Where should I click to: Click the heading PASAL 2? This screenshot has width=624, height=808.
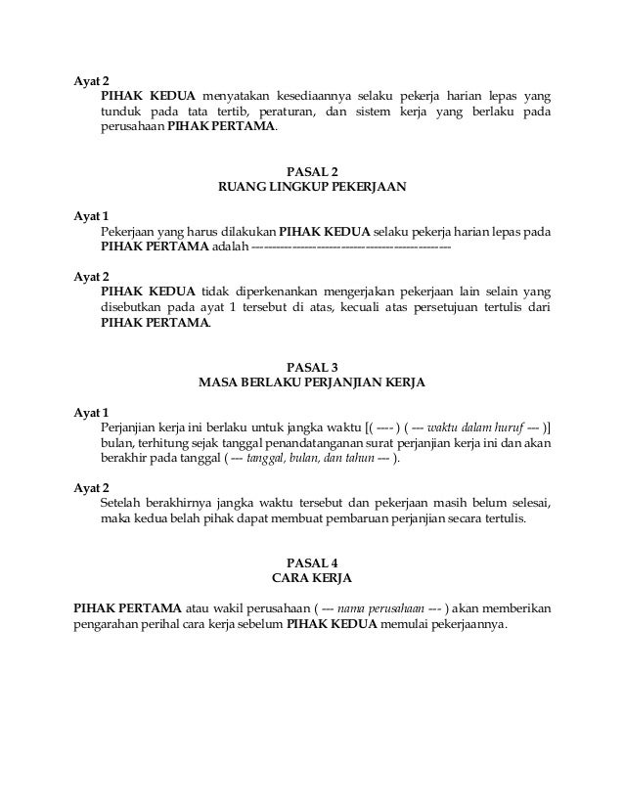pos(312,170)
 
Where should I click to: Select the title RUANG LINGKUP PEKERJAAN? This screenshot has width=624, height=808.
pos(312,186)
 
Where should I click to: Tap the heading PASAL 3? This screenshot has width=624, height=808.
pos(312,366)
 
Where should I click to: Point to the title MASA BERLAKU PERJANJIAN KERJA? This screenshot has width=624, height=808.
pos(312,382)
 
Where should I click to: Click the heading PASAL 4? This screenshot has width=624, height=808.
pos(312,561)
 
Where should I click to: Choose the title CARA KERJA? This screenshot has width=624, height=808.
pos(312,577)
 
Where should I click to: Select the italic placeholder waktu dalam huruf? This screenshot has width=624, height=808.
pos(476,427)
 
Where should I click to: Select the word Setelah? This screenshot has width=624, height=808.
pos(122,503)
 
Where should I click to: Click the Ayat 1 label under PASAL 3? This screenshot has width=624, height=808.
pos(92,412)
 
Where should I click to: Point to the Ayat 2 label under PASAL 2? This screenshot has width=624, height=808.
pos(92,276)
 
